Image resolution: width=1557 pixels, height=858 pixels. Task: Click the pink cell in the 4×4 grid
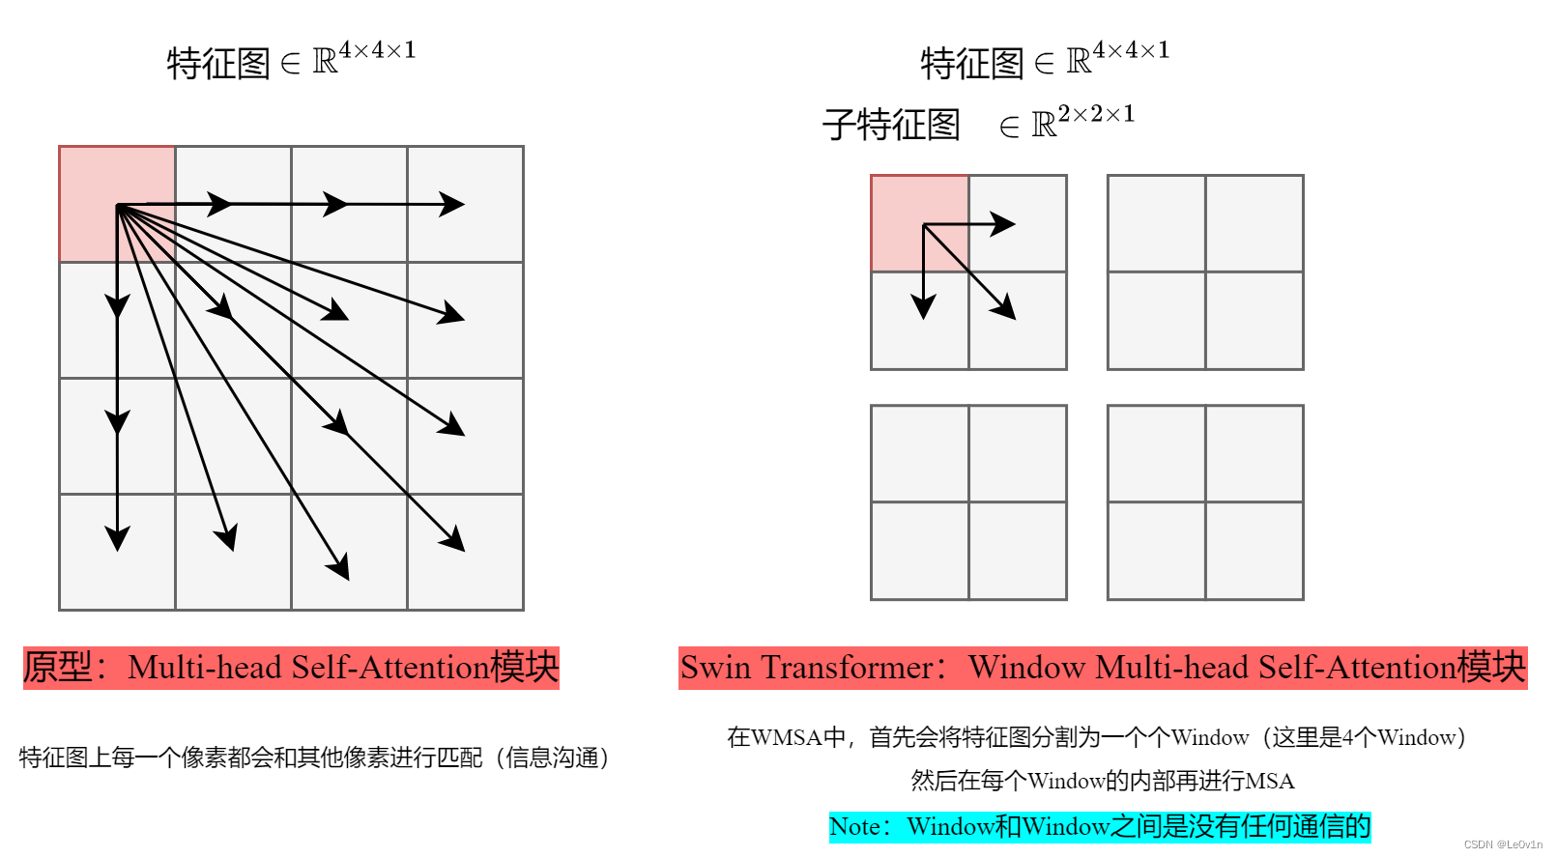point(117,204)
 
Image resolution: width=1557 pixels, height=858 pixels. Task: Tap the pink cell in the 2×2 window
point(919,223)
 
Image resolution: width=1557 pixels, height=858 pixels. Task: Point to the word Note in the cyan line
point(855,827)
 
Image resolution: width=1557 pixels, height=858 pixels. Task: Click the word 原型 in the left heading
point(58,668)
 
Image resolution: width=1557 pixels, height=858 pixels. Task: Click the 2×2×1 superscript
point(1096,115)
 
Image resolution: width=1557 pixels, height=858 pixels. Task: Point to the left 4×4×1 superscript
point(377,50)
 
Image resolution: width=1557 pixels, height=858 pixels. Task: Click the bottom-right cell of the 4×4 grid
point(465,552)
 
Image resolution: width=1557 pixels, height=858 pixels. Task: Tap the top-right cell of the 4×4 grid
point(465,204)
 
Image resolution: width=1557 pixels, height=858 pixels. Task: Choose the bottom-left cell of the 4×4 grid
point(117,552)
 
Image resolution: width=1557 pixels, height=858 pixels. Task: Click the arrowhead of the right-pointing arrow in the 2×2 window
point(1005,224)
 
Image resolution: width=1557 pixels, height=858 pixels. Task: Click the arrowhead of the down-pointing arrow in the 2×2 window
point(924,307)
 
